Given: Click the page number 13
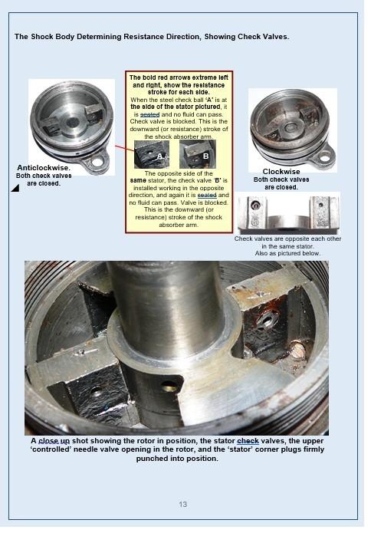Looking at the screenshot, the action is point(182,504).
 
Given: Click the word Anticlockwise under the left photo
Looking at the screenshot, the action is point(43,168).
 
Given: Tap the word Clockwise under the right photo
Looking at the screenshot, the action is point(281,172).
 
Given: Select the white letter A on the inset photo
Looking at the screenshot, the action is point(160,156).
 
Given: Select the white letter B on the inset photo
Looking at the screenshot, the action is point(205,156).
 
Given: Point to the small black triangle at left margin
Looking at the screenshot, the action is point(15,188).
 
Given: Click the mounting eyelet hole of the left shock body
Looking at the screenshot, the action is point(97,162).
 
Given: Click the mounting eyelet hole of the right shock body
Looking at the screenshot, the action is point(324,158).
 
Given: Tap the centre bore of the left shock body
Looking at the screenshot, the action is point(72,122).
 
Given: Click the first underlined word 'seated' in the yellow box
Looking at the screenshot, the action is point(149,114).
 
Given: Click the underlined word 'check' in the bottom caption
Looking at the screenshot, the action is point(248,441).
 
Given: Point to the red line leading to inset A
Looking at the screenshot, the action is point(125,148).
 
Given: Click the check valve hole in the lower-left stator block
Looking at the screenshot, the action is point(96,391).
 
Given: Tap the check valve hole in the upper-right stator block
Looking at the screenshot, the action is point(266,320).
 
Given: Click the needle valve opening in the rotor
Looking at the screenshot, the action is point(169,386).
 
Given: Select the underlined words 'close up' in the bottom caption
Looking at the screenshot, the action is point(54,441).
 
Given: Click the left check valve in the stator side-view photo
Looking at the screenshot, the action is point(255,206).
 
